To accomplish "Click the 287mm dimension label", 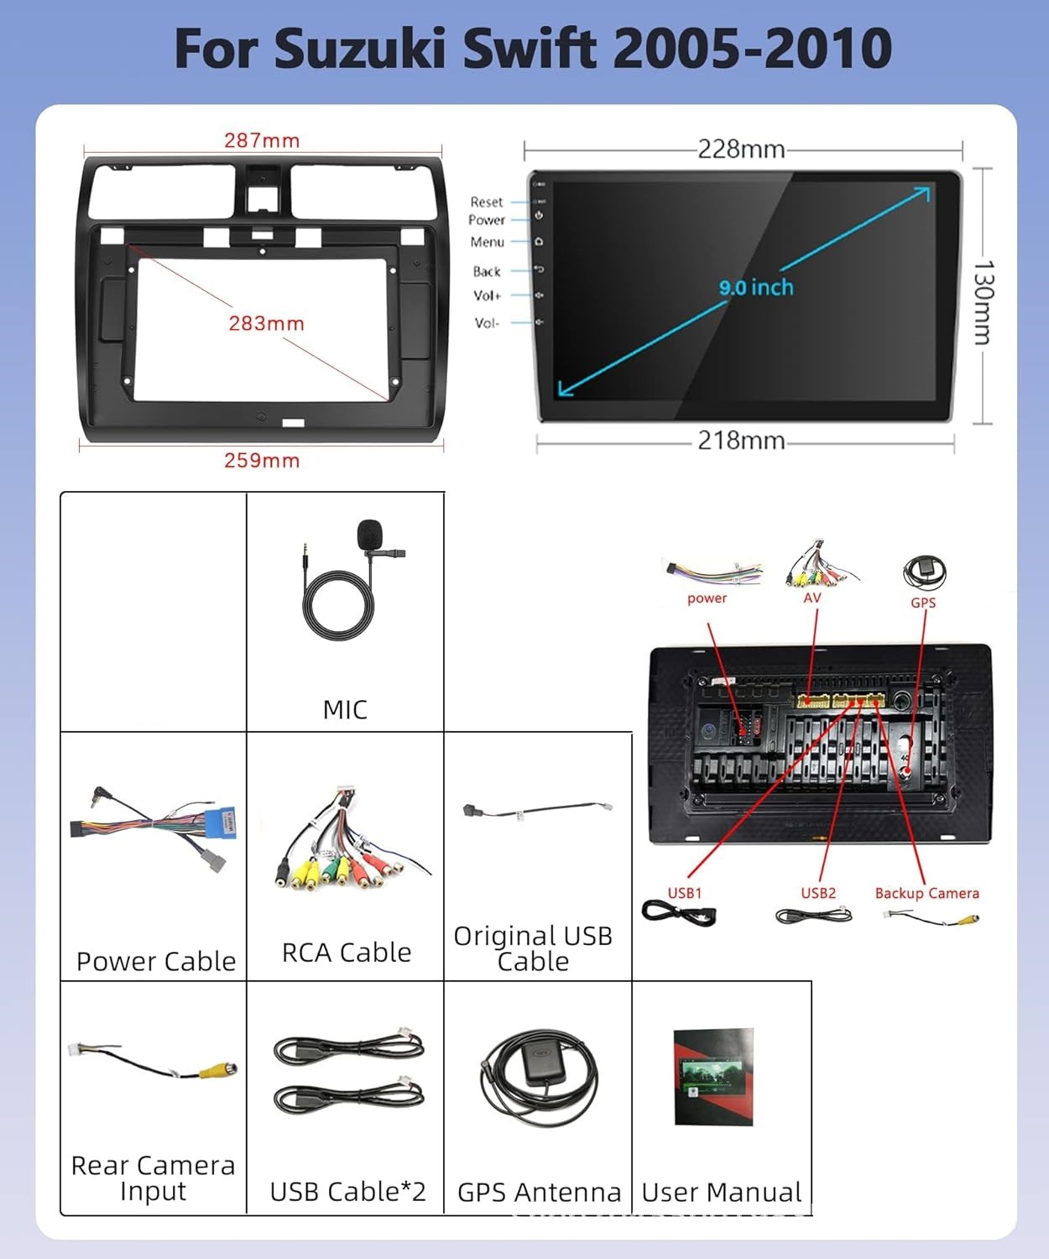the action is (262, 140).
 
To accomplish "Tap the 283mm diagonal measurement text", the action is (266, 323).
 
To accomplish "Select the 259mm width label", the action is (262, 460).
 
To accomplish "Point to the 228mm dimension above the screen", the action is (742, 149).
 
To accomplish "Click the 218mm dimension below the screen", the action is (742, 441).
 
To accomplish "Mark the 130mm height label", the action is (983, 303).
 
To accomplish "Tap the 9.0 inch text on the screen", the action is (756, 287).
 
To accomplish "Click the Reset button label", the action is (486, 202).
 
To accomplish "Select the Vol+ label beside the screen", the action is (487, 295).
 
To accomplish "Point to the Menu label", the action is (487, 242).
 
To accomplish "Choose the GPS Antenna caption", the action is (539, 1192).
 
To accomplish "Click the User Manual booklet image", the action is (713, 1076).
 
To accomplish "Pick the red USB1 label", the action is (685, 893).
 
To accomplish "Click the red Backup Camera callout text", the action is (926, 893).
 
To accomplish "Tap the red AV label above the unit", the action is (812, 598).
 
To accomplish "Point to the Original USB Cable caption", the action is (533, 948).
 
